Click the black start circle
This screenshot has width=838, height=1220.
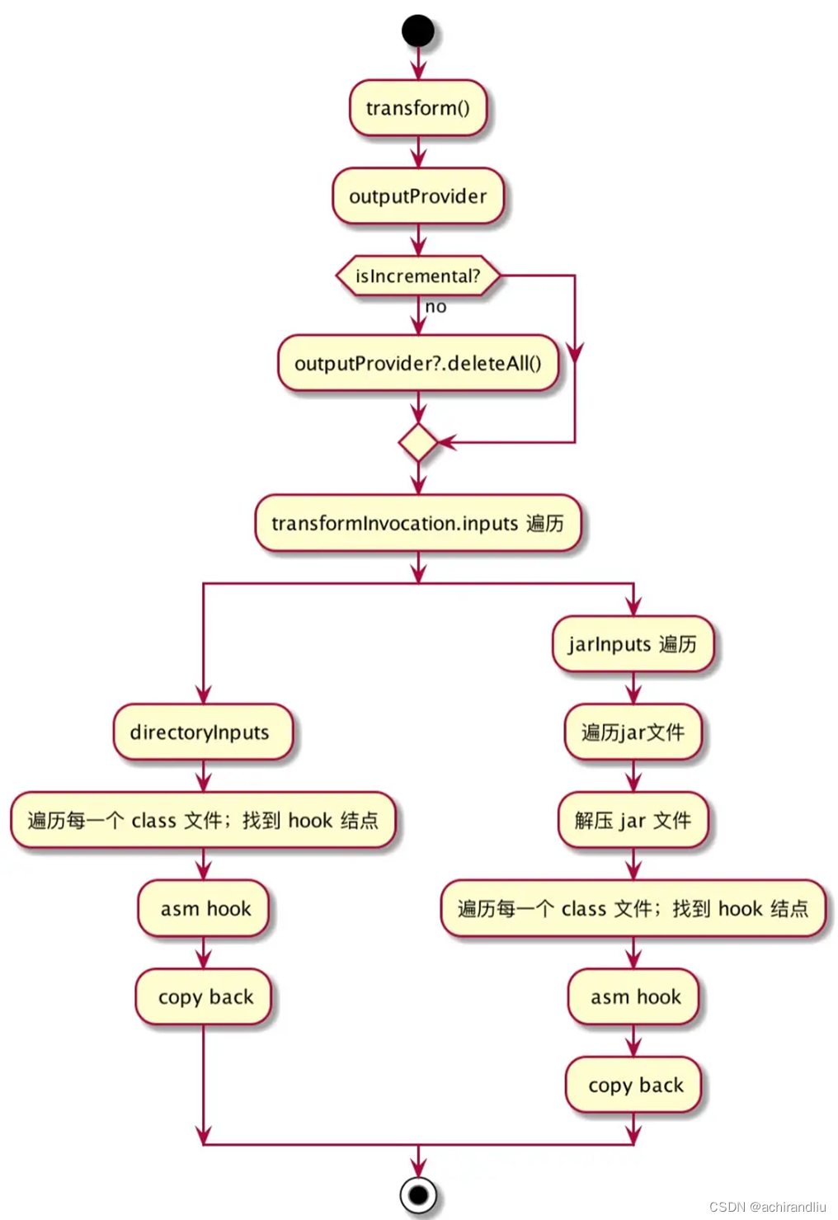pos(418,31)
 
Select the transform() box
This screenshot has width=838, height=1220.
pos(418,108)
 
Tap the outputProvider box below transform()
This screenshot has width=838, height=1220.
pos(418,196)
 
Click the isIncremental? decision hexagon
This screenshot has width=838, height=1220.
pos(418,276)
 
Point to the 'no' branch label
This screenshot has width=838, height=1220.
pos(435,307)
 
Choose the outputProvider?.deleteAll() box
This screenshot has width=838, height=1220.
pos(418,364)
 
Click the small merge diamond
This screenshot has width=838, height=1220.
pos(418,443)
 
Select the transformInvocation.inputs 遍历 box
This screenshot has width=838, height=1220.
pos(418,524)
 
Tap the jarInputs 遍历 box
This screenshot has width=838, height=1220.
pos(633,644)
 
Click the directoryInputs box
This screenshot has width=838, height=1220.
pos(203,732)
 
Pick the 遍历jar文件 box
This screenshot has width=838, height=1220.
pos(633,732)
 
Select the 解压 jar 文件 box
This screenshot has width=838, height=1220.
pos(633,821)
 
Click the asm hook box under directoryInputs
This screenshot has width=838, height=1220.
pos(204,909)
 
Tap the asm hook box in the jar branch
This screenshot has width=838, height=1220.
pos(633,997)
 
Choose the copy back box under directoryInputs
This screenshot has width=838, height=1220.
pos(204,997)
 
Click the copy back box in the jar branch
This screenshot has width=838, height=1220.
pos(633,1086)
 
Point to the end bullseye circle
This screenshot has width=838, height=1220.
pos(418,1194)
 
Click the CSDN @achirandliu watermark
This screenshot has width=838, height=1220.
pos(767,1207)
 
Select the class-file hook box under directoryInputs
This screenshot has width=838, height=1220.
pos(203,821)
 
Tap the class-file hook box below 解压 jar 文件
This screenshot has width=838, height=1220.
pos(633,909)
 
